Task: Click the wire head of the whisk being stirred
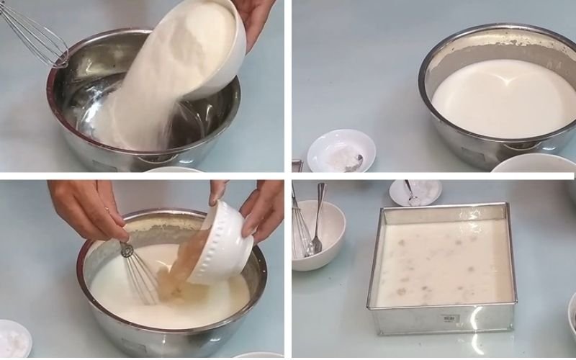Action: (x=140, y=274)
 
